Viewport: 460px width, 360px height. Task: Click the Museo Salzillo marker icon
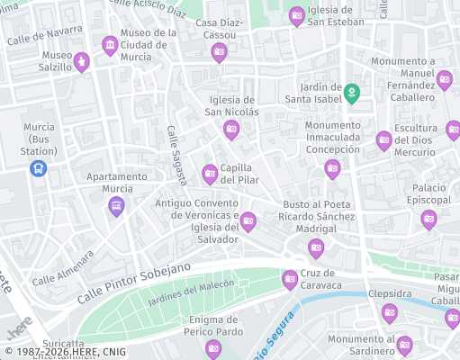click(x=82, y=61)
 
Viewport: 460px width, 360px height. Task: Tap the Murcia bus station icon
click(x=38, y=168)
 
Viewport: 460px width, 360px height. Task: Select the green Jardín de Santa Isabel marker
click(x=353, y=92)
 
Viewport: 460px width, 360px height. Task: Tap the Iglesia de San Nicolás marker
click(x=231, y=130)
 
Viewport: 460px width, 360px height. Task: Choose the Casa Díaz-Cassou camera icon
click(x=219, y=53)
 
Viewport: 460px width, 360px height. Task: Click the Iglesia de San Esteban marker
click(x=297, y=16)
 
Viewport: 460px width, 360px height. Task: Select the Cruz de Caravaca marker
click(x=290, y=279)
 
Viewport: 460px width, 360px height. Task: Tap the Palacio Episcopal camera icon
click(x=429, y=219)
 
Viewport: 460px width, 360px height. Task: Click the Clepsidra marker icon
click(x=389, y=312)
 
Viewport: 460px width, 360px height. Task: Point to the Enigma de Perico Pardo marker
click(x=213, y=347)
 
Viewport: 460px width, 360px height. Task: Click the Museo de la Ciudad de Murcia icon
click(x=110, y=45)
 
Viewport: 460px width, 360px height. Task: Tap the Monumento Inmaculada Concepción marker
click(x=332, y=168)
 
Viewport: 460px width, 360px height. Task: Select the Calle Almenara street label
click(x=63, y=268)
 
